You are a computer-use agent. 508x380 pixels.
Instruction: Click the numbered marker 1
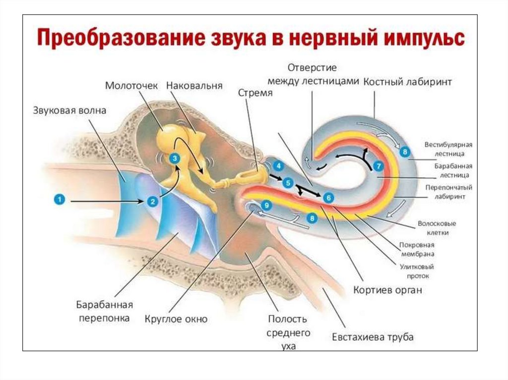click(59, 200)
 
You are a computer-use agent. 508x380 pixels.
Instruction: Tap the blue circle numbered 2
click(152, 201)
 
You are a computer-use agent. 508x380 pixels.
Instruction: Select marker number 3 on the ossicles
click(174, 158)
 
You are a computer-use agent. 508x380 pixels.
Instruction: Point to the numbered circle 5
click(287, 183)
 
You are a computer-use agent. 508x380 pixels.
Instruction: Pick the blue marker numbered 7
click(379, 166)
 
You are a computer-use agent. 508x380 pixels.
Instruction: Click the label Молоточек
click(131, 86)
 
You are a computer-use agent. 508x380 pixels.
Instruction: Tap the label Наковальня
click(194, 86)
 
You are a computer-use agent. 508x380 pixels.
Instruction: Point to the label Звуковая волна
click(69, 110)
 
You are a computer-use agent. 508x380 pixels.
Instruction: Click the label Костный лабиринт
click(408, 82)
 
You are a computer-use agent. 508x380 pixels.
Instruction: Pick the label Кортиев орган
click(387, 290)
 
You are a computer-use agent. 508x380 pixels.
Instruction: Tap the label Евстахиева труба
click(373, 337)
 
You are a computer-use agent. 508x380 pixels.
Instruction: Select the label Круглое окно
click(176, 319)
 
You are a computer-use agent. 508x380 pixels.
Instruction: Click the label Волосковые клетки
click(437, 228)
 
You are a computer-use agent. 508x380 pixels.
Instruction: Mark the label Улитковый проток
click(414, 271)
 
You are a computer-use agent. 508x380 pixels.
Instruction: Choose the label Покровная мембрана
click(417, 250)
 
